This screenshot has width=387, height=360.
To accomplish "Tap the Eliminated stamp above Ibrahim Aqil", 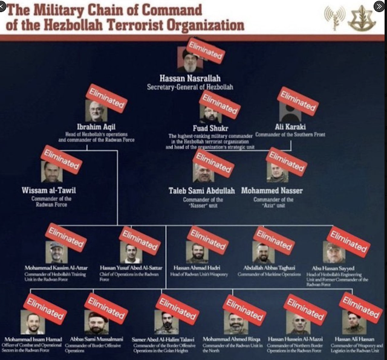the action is (x=106, y=98).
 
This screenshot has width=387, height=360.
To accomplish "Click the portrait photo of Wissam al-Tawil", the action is (x=51, y=173).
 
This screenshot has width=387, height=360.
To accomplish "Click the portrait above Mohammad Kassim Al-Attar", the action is (x=56, y=252).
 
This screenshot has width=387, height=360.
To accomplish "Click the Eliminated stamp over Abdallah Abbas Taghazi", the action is (x=274, y=240).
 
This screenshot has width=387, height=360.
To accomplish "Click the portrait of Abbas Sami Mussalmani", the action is (x=97, y=324).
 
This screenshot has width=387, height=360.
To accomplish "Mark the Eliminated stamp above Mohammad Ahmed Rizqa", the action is (x=244, y=310).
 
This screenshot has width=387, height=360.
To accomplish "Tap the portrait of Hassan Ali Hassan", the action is (x=354, y=323).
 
